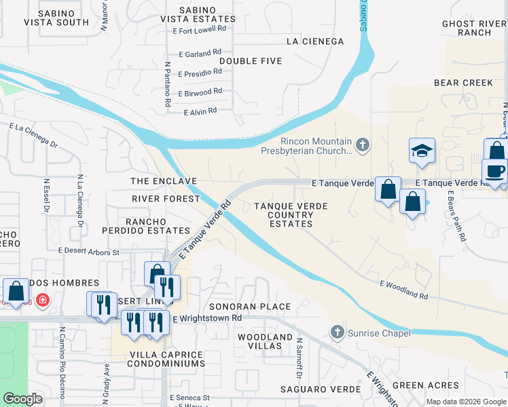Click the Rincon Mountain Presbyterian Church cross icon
[363, 144]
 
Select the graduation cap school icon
[422, 151]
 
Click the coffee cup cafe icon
[494, 171]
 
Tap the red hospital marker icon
[42, 299]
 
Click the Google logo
[22, 399]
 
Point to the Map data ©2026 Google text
[465, 402]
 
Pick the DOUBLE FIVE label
[250, 61]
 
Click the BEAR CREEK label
[463, 83]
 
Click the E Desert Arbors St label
[88, 251]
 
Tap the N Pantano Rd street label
[167, 84]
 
